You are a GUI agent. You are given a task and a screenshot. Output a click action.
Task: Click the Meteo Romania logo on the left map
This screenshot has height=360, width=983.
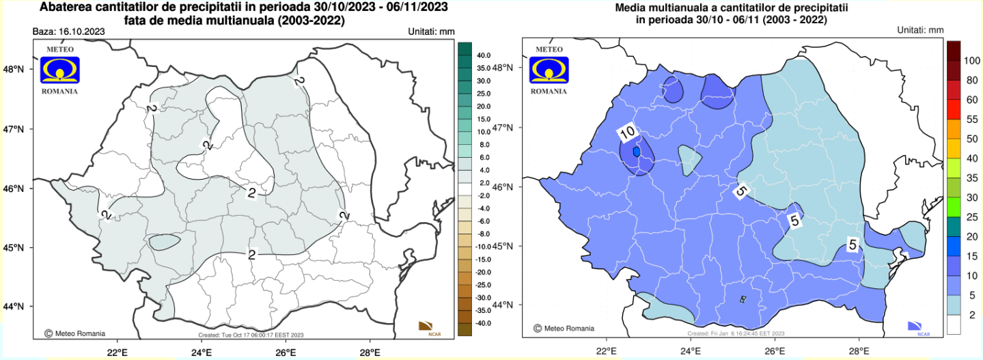60,69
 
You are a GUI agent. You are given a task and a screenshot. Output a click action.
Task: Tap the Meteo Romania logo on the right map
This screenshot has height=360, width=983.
551,69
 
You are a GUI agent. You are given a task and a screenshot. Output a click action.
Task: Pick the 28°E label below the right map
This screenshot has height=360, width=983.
859,351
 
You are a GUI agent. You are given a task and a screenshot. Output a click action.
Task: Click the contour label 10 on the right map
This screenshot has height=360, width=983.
628,131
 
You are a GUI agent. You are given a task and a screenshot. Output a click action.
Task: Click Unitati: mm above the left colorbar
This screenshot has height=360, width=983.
431,31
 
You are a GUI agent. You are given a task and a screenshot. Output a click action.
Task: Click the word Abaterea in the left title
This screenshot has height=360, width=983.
66,8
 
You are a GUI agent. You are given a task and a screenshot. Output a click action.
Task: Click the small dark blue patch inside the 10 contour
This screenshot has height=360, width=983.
637,152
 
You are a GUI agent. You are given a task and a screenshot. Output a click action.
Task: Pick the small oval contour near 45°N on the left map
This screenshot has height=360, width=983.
165,241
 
